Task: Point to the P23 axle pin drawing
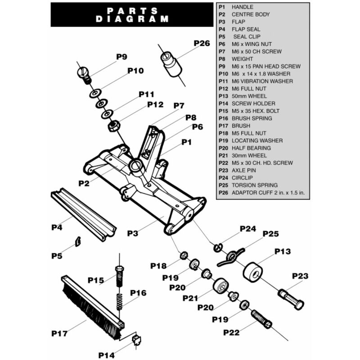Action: tap(291, 299)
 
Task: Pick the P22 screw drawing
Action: tap(261, 318)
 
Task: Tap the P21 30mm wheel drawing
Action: tap(220, 286)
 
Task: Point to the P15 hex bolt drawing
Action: tap(119, 276)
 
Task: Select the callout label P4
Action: tap(56, 227)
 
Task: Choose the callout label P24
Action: tap(247, 229)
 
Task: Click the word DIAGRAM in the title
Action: tap(132, 19)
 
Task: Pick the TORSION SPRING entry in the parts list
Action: tap(254, 185)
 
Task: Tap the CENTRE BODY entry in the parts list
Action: tap(251, 14)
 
